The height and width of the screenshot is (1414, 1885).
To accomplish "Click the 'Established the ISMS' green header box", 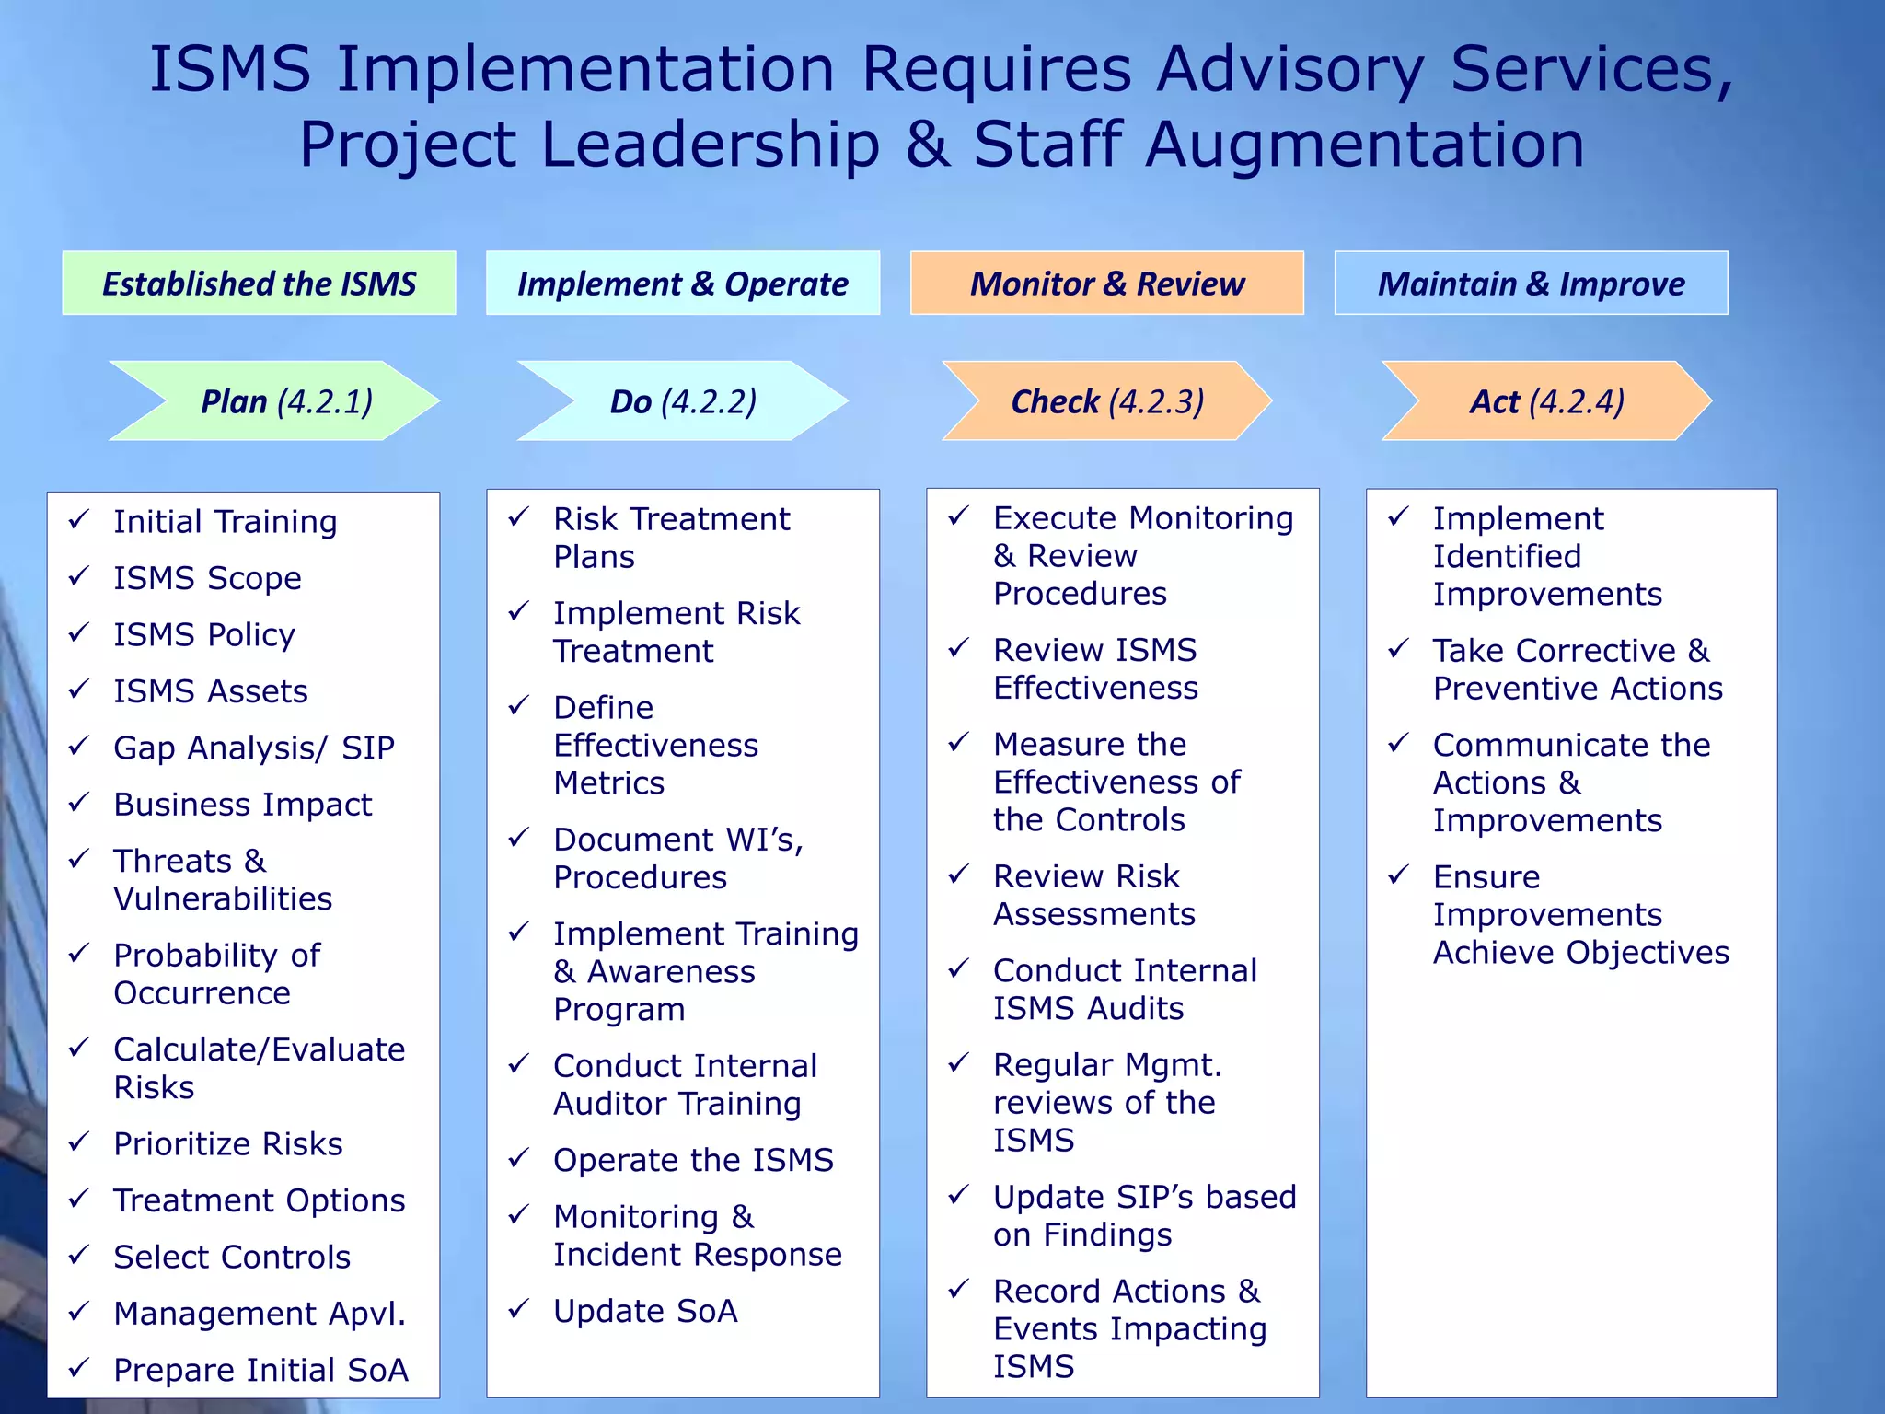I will [259, 284].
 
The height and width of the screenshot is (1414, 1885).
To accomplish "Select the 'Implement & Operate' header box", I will [682, 284].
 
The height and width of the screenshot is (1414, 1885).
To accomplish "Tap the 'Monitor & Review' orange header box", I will [1106, 284].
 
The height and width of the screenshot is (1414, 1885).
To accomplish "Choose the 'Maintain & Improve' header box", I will [1531, 284].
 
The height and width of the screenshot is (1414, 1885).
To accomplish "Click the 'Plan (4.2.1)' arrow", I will [285, 401].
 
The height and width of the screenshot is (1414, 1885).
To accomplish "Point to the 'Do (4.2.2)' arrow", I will [682, 401].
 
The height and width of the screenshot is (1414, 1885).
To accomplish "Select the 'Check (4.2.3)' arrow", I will [1106, 401].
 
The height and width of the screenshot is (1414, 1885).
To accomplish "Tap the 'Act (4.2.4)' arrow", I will [1546, 401].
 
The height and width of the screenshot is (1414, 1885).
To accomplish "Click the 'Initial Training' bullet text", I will [225, 522].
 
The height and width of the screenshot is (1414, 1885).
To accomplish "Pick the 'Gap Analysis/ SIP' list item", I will [253, 748].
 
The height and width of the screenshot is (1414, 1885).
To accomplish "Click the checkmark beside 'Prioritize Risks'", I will [79, 1142].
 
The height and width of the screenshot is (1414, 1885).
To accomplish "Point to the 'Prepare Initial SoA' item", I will [260, 1370].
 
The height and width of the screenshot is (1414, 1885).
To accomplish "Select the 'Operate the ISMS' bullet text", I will [693, 1160].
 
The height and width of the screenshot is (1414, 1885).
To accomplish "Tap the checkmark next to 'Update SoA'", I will [519, 1308].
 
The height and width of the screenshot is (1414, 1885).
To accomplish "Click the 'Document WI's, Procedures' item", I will [677, 858].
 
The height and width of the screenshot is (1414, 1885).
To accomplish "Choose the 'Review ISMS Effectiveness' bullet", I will [1095, 668].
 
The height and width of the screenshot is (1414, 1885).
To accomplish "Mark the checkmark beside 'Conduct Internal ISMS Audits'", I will [959, 968].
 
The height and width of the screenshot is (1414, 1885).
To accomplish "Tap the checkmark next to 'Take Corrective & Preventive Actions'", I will [1398, 649].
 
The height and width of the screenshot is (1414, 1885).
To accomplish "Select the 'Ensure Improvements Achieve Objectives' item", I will [1580, 914].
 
